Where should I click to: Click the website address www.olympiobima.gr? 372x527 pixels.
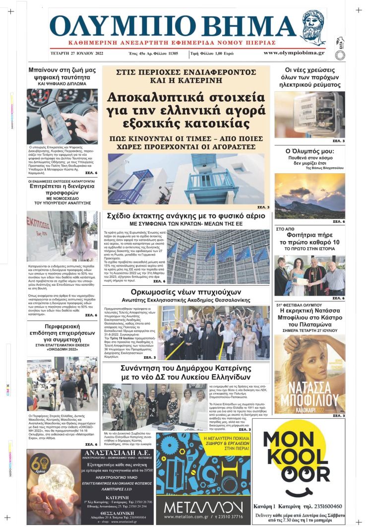[294, 53]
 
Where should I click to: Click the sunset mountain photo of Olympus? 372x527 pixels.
[310, 196]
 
